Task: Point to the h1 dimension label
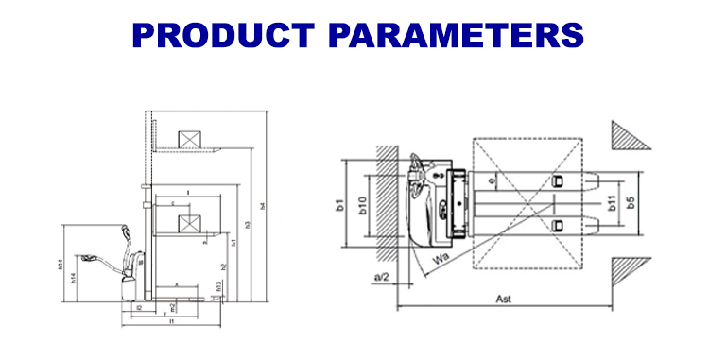[233, 243]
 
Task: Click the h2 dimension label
[223, 266]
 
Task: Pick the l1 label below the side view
[171, 322]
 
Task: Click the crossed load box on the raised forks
[191, 139]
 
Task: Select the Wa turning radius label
[441, 256]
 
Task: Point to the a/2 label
[382, 277]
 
